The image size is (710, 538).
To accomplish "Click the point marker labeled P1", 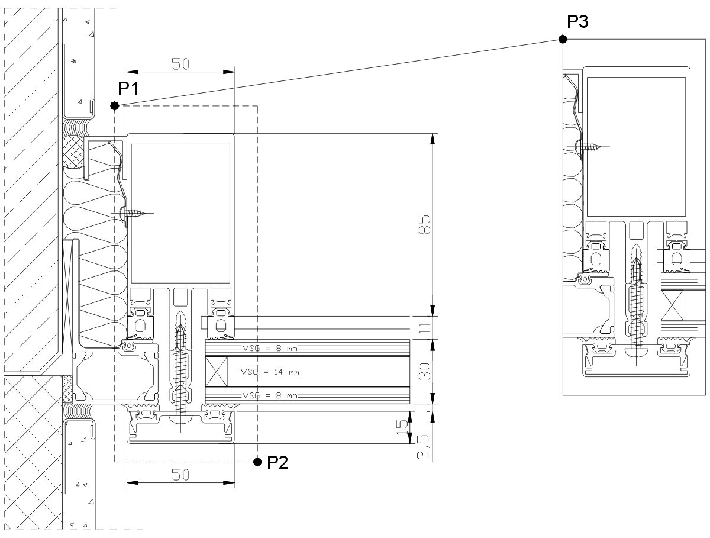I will [x=115, y=106].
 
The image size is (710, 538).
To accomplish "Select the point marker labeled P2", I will [x=257, y=461].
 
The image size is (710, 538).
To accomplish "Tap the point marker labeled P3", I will [x=563, y=39].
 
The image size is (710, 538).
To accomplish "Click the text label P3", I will [x=577, y=22].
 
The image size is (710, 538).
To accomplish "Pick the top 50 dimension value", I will [x=180, y=65].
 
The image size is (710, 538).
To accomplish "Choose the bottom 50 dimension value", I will [x=180, y=475].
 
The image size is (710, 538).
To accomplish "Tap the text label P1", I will [x=128, y=89].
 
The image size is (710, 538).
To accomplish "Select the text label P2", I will [x=277, y=462].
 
